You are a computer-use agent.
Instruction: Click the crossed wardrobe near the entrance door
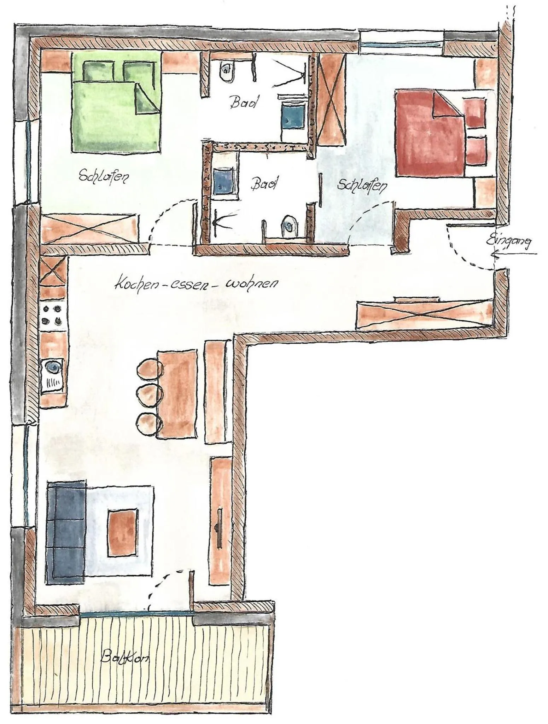[x=424, y=314]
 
